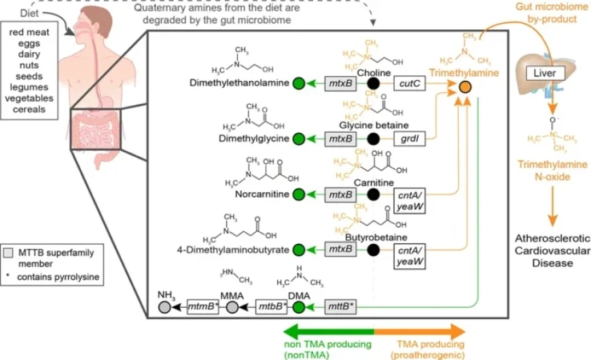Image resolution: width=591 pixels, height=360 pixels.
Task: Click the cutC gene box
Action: pos(411,84)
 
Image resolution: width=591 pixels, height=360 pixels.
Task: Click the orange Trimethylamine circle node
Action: pos(465,87)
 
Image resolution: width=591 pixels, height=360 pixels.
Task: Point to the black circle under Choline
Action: pos(373,84)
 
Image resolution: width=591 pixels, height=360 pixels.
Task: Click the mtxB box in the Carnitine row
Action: pos(340,195)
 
